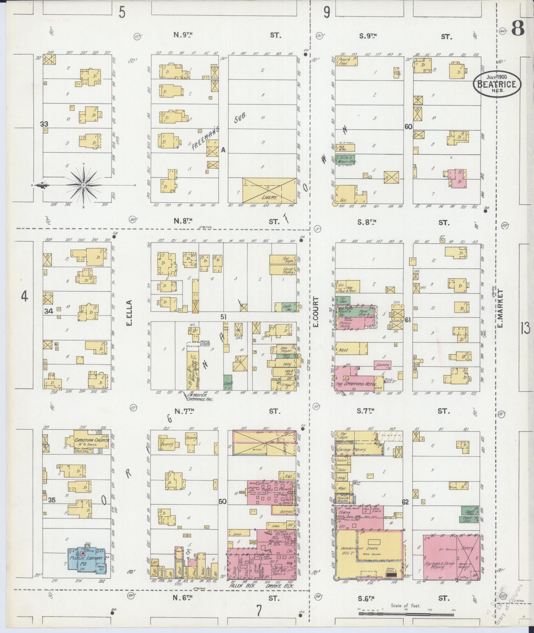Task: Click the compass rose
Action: point(83,185)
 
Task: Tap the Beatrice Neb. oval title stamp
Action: point(496,84)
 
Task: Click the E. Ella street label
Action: point(129,313)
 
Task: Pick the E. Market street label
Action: point(500,309)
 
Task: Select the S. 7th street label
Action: point(366,411)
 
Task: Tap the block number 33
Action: point(44,124)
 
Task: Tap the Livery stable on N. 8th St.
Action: point(269,190)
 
